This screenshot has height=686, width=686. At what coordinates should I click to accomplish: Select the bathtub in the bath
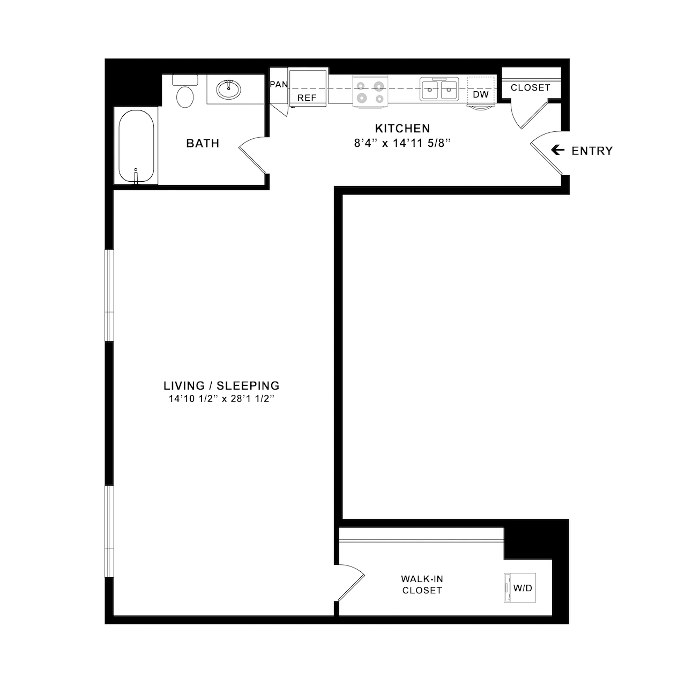pos(136,146)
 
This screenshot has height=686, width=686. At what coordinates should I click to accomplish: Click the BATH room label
pos(203,144)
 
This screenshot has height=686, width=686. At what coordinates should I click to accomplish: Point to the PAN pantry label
pos(279,85)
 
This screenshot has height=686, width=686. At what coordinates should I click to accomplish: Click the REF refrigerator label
pos(307,98)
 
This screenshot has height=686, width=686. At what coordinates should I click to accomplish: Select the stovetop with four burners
pos(370,92)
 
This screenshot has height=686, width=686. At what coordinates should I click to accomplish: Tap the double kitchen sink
pos(439,90)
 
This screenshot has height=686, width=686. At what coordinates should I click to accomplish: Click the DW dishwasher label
pos(481,94)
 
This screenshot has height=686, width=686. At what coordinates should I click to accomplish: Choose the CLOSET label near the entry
pos(530,87)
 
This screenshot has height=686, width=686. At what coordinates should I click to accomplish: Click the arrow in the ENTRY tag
pos(558,151)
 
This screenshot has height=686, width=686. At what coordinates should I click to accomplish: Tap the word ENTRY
pos(592,151)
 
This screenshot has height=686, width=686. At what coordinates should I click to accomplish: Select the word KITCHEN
pos(402,129)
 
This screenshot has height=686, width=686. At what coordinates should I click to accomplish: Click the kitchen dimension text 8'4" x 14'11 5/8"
pos(402,143)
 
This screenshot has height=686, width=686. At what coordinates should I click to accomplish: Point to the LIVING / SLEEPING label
pos(221,385)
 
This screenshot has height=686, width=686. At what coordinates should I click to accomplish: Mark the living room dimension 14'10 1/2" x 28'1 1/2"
pos(221,399)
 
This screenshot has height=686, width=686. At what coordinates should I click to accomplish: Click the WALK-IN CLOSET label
pos(422,585)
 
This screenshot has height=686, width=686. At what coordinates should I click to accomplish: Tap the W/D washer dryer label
pos(523,588)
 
